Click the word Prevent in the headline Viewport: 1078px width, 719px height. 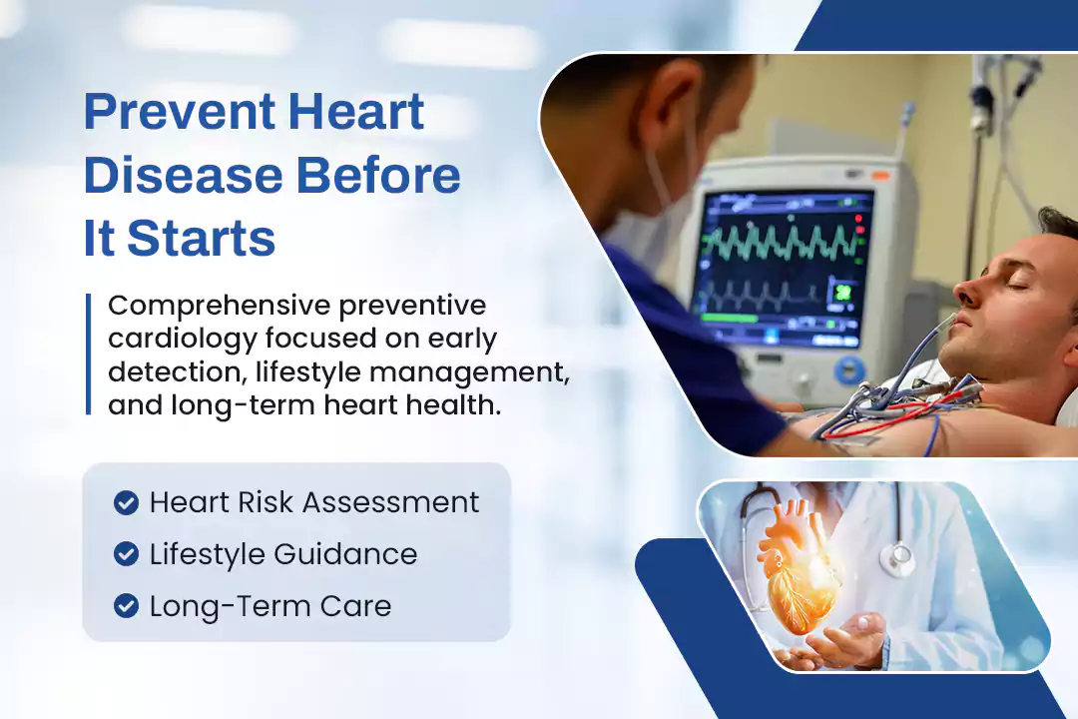tap(179, 112)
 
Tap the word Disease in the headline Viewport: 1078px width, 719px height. tap(183, 175)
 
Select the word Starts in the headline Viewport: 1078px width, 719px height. tap(202, 238)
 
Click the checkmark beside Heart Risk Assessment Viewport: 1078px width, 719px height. tap(126, 503)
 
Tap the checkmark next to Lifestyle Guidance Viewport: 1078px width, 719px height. tap(126, 554)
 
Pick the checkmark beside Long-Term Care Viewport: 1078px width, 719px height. tap(126, 606)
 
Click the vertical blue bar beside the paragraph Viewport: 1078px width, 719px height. tap(89, 355)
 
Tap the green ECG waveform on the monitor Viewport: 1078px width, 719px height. tap(782, 244)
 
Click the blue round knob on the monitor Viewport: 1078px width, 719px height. tap(849, 371)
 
